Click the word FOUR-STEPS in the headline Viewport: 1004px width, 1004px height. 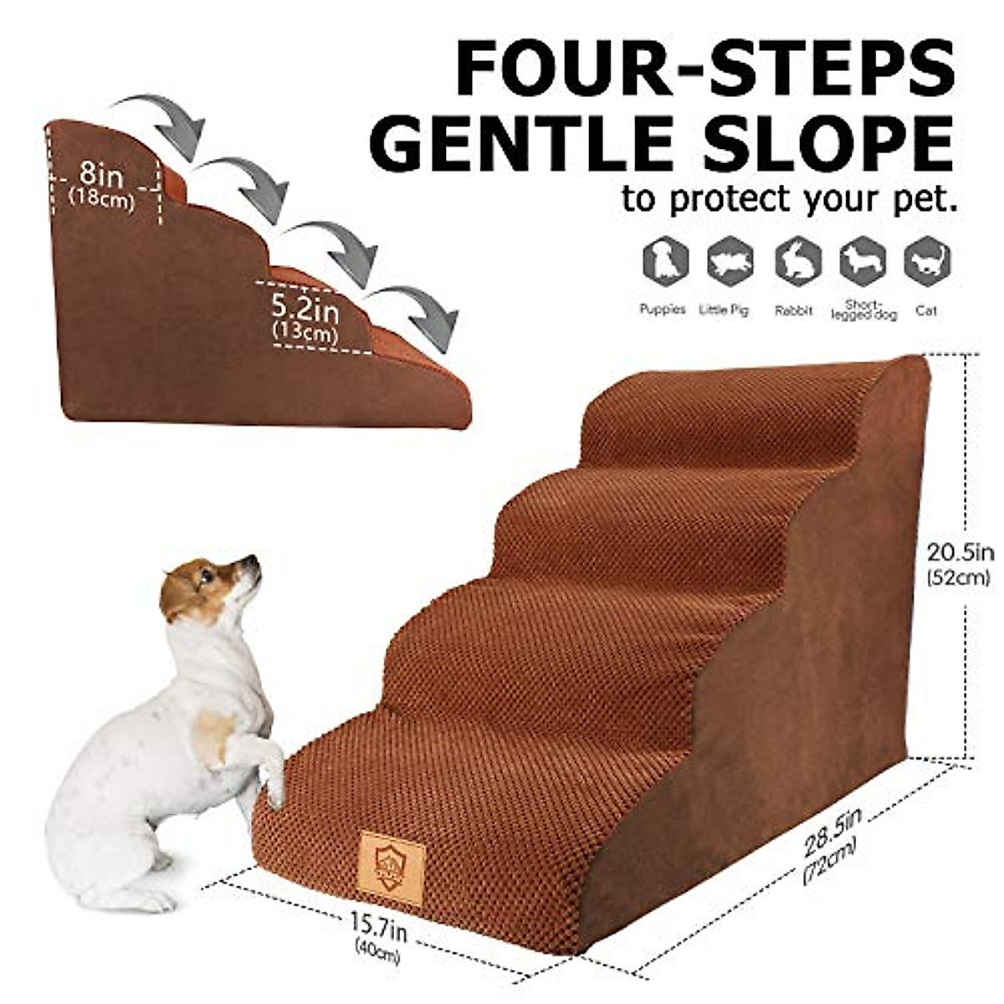pyautogui.click(x=704, y=65)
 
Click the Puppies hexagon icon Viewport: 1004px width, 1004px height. pyautogui.click(x=665, y=262)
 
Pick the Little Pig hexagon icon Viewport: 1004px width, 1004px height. pyautogui.click(x=730, y=262)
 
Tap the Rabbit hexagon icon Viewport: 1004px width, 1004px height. pyautogui.click(x=796, y=262)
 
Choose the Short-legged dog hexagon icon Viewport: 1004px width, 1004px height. pyautogui.click(x=862, y=262)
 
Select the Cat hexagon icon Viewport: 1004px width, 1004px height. pyautogui.click(x=927, y=262)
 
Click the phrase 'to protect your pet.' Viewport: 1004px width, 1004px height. pyautogui.click(x=788, y=200)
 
